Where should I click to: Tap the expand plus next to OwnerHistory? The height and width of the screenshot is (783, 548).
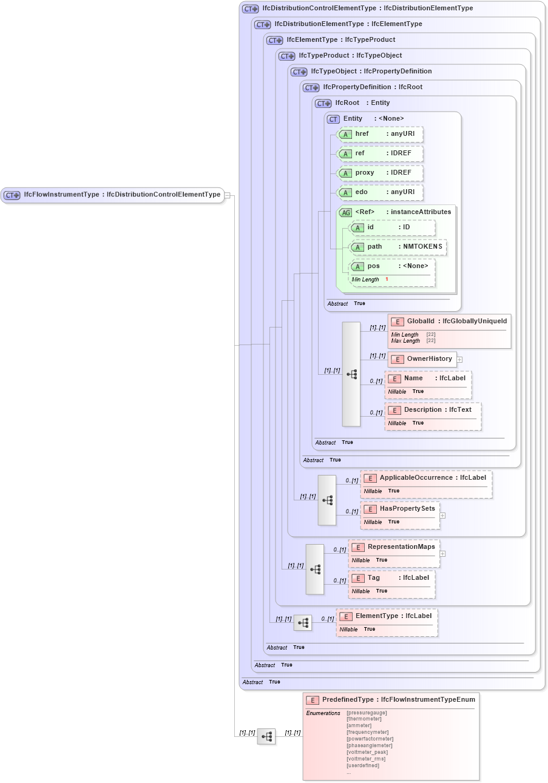pyautogui.click(x=459, y=360)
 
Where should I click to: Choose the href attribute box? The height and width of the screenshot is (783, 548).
pyautogui.click(x=380, y=134)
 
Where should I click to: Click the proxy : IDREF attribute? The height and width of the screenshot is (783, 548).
pyautogui.click(x=380, y=173)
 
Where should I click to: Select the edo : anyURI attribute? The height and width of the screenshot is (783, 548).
pyautogui.click(x=380, y=192)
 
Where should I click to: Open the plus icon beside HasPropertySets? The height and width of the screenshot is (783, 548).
pyautogui.click(x=442, y=516)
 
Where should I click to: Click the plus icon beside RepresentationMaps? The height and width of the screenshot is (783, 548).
pyautogui.click(x=442, y=553)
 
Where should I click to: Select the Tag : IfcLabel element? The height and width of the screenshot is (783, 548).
pyautogui.click(x=391, y=578)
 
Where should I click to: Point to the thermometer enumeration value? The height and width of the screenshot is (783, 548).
pyautogui.click(x=364, y=719)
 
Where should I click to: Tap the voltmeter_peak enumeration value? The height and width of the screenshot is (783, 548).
pyautogui.click(x=367, y=752)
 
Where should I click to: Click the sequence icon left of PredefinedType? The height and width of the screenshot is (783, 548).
pyautogui.click(x=266, y=736)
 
